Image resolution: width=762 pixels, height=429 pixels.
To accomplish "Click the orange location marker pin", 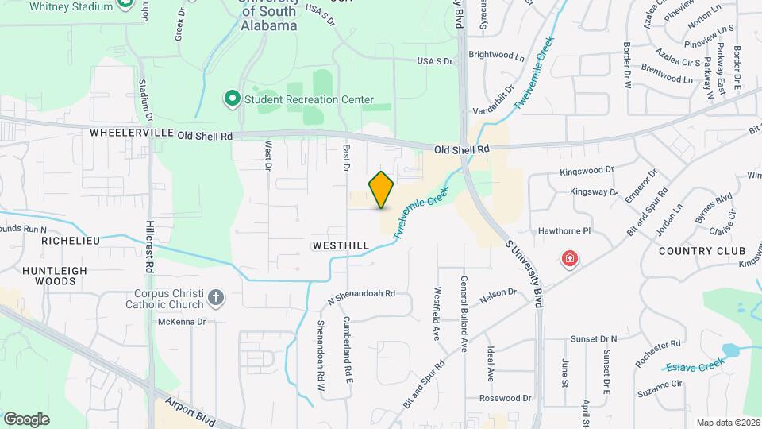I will tap(382, 189).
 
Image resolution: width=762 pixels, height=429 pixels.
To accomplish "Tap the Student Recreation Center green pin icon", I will tap(233, 99).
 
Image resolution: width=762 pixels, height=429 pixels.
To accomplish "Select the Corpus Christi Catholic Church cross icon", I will tap(216, 299).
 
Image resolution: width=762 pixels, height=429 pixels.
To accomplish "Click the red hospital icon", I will tap(569, 258).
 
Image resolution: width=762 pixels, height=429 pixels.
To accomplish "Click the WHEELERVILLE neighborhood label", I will tap(132, 133).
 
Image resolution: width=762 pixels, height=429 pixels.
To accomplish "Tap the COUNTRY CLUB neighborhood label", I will tap(698, 250).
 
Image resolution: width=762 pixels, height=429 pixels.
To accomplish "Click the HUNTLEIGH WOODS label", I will tap(55, 276).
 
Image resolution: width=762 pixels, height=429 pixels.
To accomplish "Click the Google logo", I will tap(26, 419).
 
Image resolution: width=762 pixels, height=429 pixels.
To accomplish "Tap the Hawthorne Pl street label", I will tap(565, 231).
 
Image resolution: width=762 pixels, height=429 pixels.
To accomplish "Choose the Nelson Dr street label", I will tap(498, 296).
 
